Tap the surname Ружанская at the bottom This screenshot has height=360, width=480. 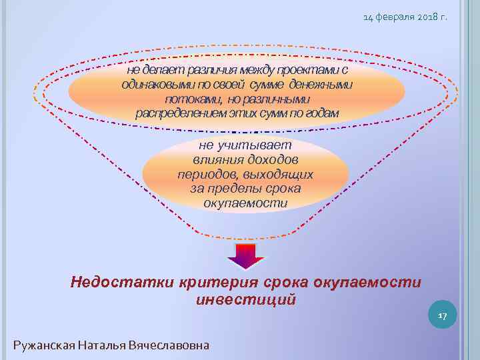[43, 345]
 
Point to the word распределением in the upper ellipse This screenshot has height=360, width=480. [175, 113]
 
